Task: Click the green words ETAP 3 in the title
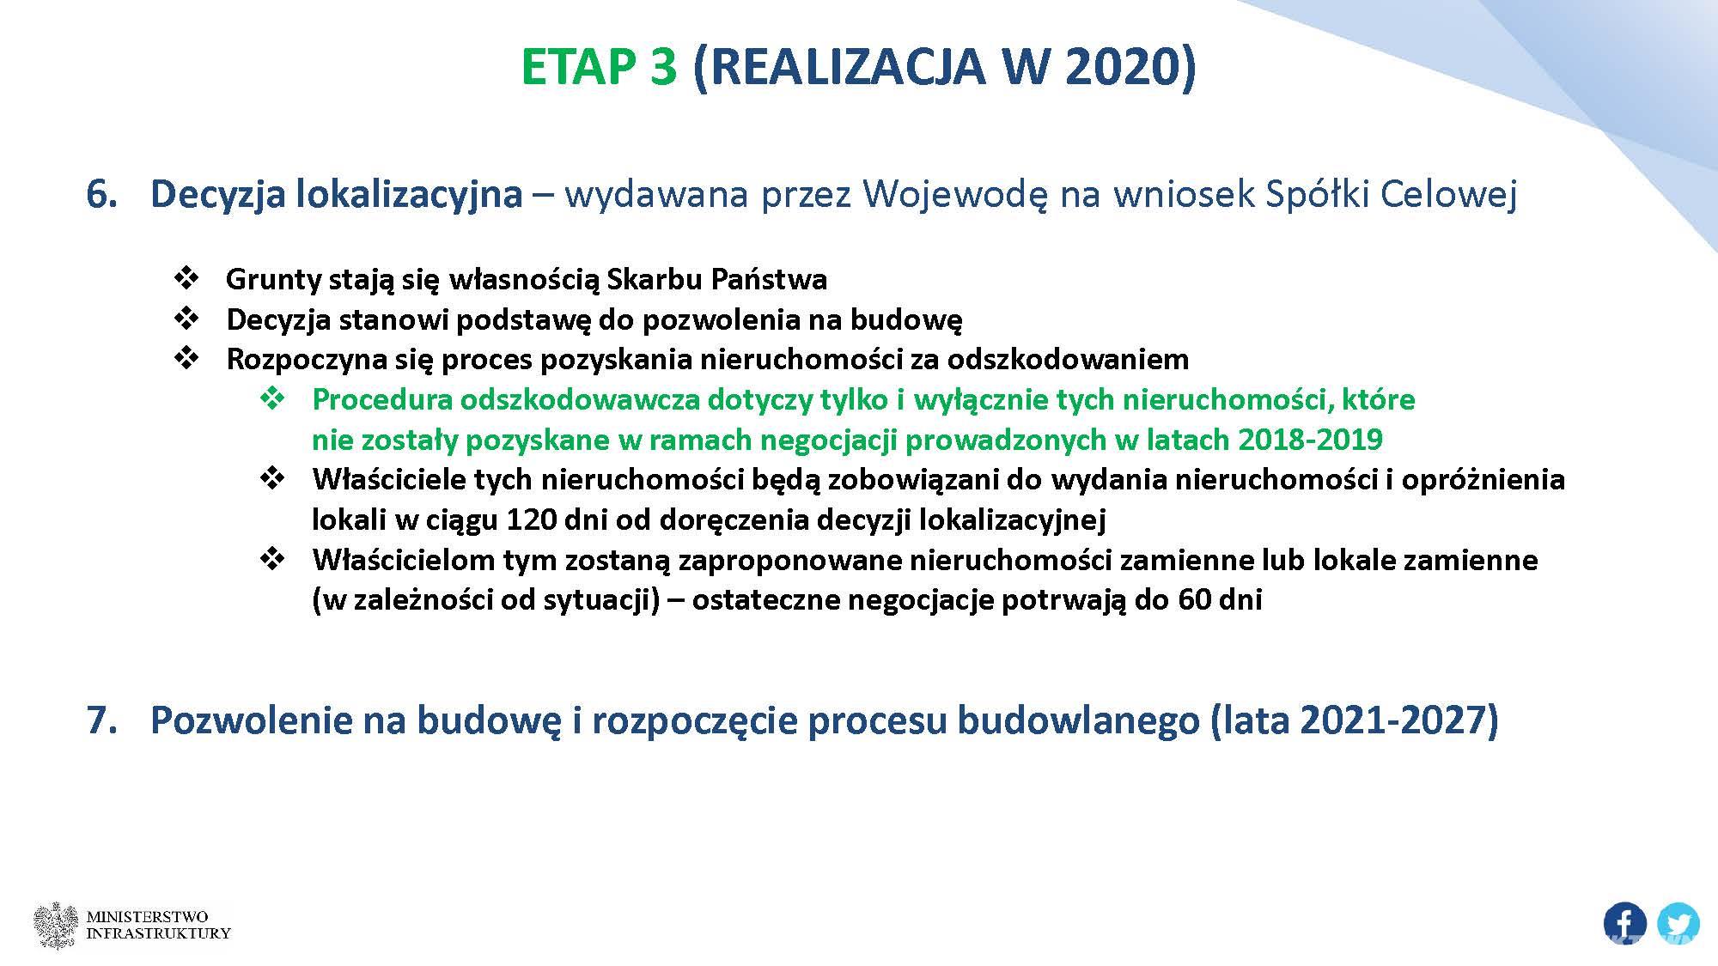point(599,67)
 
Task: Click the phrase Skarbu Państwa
point(717,279)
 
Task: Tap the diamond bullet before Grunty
point(186,278)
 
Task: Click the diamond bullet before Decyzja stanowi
point(186,319)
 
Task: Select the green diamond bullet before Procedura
point(272,398)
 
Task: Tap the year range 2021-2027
point(1392,720)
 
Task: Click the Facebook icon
point(1624,925)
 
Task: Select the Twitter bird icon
point(1678,925)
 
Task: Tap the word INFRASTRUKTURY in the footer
point(159,933)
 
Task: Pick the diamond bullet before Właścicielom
point(272,559)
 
